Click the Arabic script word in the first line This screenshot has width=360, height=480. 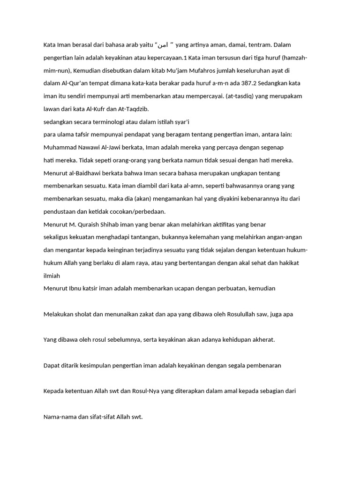[162, 45]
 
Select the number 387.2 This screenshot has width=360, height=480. [241, 83]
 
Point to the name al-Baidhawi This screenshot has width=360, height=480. [83, 173]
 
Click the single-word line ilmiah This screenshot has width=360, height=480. [52, 276]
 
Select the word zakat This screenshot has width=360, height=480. [144, 314]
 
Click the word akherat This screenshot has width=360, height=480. [262, 339]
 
